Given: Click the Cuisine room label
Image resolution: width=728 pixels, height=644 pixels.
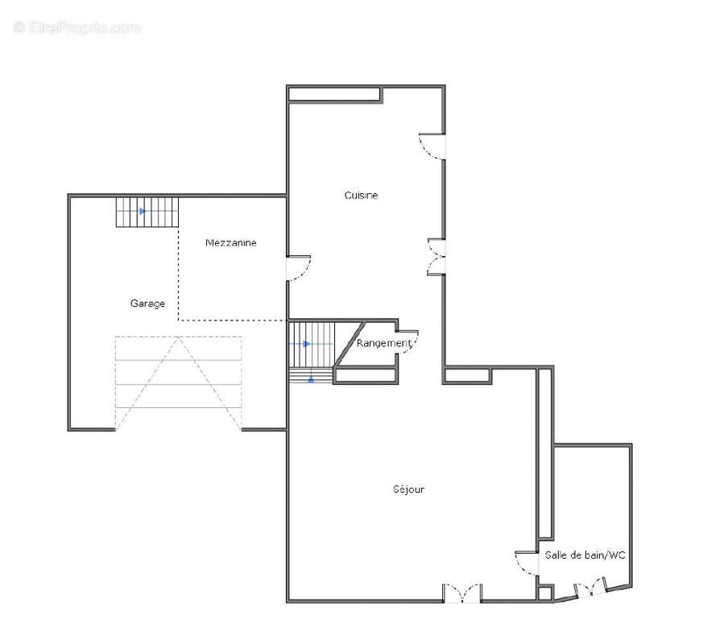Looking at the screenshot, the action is pyautogui.click(x=361, y=196).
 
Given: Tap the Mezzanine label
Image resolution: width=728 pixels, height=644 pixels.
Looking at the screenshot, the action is pyautogui.click(x=231, y=242).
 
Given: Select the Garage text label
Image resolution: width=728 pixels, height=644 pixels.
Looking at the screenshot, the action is pyautogui.click(x=147, y=303).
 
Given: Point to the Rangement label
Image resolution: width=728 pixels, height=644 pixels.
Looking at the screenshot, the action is pyautogui.click(x=384, y=344).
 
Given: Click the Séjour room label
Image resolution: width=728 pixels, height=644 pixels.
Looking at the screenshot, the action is pyautogui.click(x=408, y=489).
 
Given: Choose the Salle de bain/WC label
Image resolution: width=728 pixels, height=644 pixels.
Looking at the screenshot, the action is pyautogui.click(x=585, y=555).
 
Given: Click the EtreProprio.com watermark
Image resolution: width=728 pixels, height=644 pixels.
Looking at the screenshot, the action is pyautogui.click(x=77, y=28).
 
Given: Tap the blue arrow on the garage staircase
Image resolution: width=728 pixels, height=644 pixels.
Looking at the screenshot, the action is pyautogui.click(x=143, y=211).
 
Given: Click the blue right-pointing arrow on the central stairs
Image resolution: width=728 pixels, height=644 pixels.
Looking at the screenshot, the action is pyautogui.click(x=307, y=344).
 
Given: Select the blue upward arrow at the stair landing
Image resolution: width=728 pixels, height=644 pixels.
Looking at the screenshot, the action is pyautogui.click(x=311, y=379).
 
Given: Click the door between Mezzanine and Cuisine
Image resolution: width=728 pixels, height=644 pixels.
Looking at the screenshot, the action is pyautogui.click(x=299, y=268).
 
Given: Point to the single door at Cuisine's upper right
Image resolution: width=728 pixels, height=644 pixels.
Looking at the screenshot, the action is pyautogui.click(x=432, y=147).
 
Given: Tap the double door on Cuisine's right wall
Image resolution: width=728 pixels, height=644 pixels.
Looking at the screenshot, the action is pyautogui.click(x=436, y=257).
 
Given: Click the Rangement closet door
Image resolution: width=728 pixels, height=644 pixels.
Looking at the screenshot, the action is pyautogui.click(x=407, y=342).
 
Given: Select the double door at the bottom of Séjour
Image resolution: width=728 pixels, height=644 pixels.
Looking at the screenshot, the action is pyautogui.click(x=462, y=593).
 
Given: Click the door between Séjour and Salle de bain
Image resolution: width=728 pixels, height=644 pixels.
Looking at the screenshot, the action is pyautogui.click(x=527, y=563).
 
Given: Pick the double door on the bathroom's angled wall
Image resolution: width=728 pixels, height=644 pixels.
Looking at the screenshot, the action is pyautogui.click(x=590, y=588).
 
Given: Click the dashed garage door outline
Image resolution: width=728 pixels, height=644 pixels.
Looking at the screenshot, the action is pyautogui.click(x=178, y=384).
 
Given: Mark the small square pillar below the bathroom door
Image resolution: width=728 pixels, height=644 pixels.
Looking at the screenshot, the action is pyautogui.click(x=545, y=593).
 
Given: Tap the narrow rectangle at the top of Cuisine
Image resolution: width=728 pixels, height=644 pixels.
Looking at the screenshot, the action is pyautogui.click(x=334, y=94).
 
